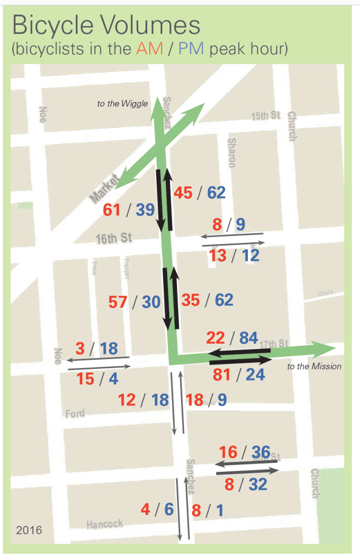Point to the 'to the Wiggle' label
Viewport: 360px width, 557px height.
tap(122, 104)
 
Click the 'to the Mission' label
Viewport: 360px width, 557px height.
tap(314, 367)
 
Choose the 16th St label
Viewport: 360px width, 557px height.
tap(114, 238)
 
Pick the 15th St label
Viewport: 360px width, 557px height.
tap(266, 116)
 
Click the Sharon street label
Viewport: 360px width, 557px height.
tap(231, 153)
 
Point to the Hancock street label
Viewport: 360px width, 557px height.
tap(104, 524)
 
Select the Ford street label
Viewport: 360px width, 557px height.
tap(75, 413)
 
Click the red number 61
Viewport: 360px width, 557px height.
tap(112, 210)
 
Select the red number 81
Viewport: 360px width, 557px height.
tap(221, 374)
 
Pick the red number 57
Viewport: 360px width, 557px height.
tap(118, 302)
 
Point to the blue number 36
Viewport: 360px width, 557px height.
tap(260, 452)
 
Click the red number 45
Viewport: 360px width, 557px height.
tap(183, 192)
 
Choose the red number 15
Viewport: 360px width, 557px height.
tap(85, 379)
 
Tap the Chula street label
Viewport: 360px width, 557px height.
tap(325, 293)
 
